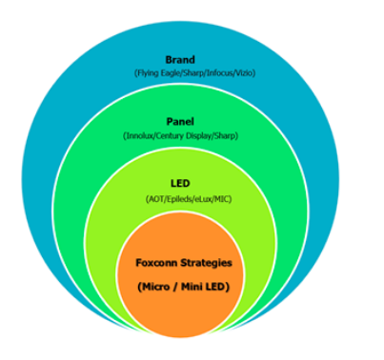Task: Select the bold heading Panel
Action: pyautogui.click(x=180, y=123)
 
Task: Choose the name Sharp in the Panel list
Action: pyautogui.click(x=225, y=137)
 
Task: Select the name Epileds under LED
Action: pyautogui.click(x=171, y=198)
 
